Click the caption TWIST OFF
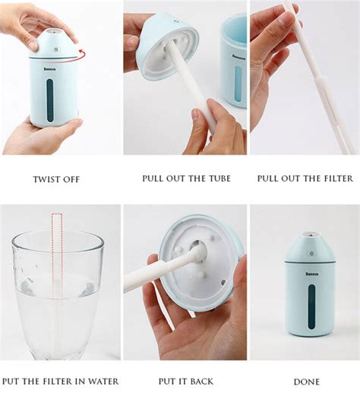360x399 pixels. pyautogui.click(x=55, y=179)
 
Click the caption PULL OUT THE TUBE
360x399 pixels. pyautogui.click(x=186, y=179)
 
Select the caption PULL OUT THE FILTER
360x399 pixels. pyautogui.click(x=305, y=179)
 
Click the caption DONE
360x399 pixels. pyautogui.click(x=306, y=382)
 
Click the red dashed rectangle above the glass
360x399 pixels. pyautogui.click(x=57, y=235)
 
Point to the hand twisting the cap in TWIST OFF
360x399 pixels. pyautogui.click(x=34, y=23)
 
